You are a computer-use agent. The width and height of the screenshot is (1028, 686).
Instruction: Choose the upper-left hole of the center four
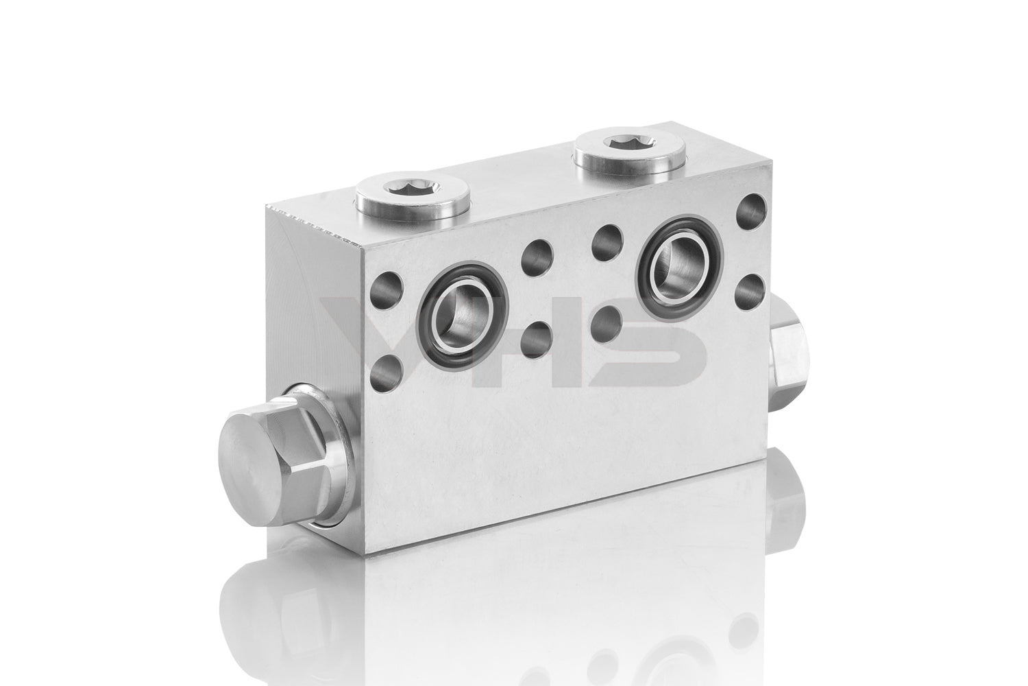[535, 252]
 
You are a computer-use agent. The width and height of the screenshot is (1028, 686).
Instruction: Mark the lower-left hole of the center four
[537, 336]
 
